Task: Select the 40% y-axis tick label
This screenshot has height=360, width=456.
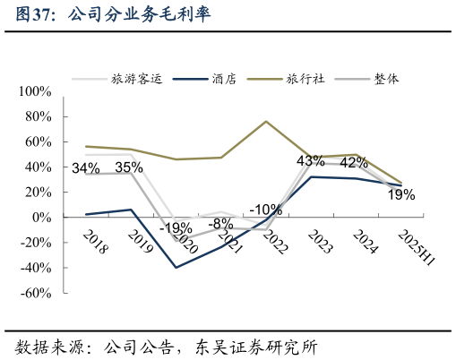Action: coord(40,167)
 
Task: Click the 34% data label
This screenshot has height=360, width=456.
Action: coord(85,168)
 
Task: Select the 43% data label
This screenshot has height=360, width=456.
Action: coord(310,161)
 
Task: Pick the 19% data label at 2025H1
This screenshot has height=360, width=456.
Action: coord(401,194)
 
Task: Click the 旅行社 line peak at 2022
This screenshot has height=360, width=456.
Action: coord(266,121)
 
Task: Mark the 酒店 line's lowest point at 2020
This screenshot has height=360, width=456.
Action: coord(176,268)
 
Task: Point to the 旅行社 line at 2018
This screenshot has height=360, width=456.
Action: coord(86,146)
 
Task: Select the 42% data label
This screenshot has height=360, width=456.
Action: coord(354,163)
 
